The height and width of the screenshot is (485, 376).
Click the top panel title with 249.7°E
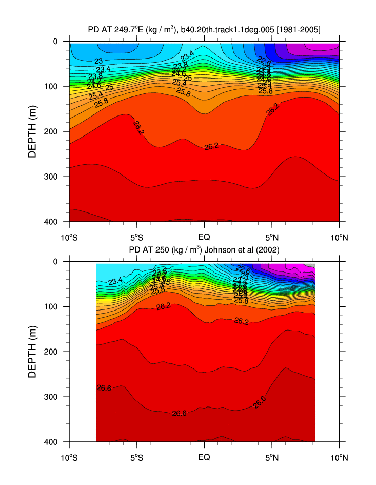(x=204, y=30)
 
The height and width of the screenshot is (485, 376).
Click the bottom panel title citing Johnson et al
(x=204, y=250)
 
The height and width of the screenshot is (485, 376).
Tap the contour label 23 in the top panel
(x=98, y=61)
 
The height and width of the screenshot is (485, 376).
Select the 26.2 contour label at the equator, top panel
(x=211, y=147)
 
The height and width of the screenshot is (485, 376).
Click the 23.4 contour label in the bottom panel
(x=115, y=281)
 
